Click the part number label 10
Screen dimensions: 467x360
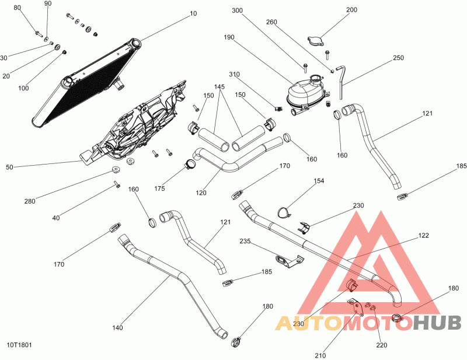(x=193, y=13)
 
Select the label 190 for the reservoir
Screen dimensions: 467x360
(x=229, y=37)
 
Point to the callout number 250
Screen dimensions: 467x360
(x=398, y=58)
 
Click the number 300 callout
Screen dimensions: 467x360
(x=238, y=11)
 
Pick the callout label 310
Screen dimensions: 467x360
(x=234, y=75)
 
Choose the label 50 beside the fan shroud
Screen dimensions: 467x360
(x=9, y=167)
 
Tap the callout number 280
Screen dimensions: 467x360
(x=29, y=201)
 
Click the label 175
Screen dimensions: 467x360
(x=159, y=188)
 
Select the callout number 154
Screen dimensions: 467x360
(x=318, y=181)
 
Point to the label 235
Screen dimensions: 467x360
(x=245, y=241)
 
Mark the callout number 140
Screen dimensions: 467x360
(x=117, y=328)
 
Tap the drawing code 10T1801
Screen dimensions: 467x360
(x=19, y=345)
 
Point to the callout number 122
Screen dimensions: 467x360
(x=423, y=236)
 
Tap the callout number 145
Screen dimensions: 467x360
(x=219, y=86)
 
